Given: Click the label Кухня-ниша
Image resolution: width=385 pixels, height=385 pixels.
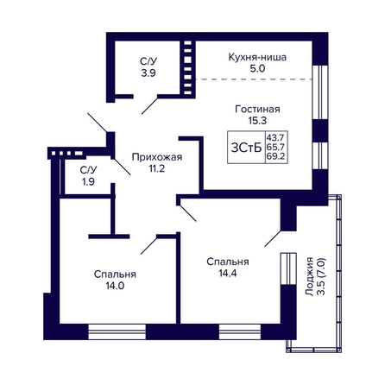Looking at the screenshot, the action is [x=257, y=57].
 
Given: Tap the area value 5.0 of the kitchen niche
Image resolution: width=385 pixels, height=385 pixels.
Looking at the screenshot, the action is [x=257, y=69].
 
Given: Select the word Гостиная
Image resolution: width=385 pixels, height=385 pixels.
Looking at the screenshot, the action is [x=257, y=110].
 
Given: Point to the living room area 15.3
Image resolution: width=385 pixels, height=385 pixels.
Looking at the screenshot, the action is [x=257, y=121].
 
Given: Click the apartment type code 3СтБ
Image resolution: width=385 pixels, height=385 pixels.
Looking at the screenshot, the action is [x=246, y=148].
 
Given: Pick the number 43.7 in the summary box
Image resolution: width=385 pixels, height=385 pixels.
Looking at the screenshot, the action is [x=276, y=136].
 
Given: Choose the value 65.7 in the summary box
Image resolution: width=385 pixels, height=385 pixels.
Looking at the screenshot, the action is [x=276, y=147].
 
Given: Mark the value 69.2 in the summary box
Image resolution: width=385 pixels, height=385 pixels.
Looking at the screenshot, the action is [x=276, y=157].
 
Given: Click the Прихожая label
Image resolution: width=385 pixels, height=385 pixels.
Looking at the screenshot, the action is [x=157, y=157].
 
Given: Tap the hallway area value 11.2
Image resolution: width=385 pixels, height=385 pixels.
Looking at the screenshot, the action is [x=157, y=168].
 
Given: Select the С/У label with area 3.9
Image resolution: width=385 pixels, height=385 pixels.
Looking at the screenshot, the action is [x=148, y=61].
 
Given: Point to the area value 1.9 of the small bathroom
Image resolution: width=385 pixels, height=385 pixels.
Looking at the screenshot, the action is [x=88, y=181].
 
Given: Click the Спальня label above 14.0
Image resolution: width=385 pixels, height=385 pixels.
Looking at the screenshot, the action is [x=115, y=275].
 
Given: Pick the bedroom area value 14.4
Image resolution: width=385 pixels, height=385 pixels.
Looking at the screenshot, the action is [x=228, y=273].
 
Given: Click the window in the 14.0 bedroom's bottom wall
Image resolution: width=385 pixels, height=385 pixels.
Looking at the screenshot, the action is [x=117, y=331].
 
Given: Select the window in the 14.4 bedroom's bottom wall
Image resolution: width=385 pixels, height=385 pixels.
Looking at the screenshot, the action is [x=240, y=331].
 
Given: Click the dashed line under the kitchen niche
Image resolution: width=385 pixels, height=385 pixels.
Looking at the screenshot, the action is [x=255, y=79].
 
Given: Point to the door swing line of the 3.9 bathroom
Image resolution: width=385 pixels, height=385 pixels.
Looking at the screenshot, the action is [x=149, y=106].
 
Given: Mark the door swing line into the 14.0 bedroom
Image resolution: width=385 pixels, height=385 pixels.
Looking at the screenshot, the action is [x=148, y=245].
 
